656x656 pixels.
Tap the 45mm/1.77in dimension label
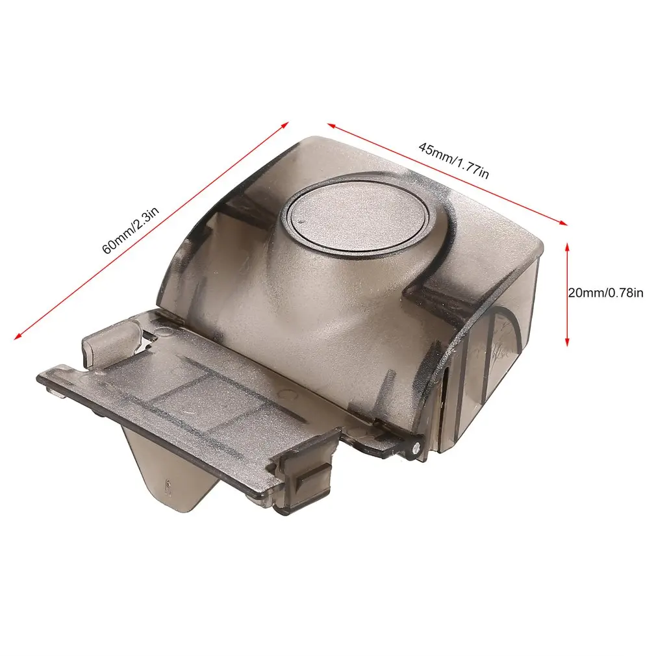tap(453, 158)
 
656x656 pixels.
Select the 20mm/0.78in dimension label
tap(605, 293)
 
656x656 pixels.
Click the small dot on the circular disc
tap(303, 221)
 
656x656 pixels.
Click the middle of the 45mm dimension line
tap(447, 173)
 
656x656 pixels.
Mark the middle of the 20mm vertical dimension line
tap(568, 294)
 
